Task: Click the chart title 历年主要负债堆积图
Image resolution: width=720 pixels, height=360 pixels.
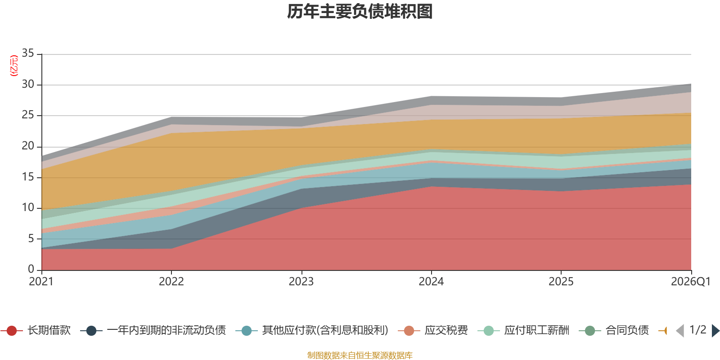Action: pyautogui.click(x=360, y=12)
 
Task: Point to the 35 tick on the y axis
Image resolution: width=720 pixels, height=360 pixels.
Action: pyautogui.click(x=28, y=54)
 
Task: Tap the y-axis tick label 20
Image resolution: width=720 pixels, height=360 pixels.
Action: pyautogui.click(x=28, y=146)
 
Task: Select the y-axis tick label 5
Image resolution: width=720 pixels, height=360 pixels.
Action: pyautogui.click(x=31, y=238)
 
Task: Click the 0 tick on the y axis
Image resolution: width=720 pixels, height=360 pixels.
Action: pyautogui.click(x=31, y=269)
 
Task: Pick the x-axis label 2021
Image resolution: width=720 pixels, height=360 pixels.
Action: pyautogui.click(x=41, y=282)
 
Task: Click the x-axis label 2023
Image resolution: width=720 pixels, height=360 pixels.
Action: pyautogui.click(x=301, y=282)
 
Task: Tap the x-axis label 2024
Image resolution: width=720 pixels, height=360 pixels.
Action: pyautogui.click(x=431, y=282)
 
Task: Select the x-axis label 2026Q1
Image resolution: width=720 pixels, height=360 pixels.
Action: pyautogui.click(x=690, y=282)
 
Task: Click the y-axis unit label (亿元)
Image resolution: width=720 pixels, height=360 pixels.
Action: pyautogui.click(x=14, y=66)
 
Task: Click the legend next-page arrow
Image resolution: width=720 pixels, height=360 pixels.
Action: pyautogui.click(x=715, y=331)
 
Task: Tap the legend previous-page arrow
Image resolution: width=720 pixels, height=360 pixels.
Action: pyautogui.click(x=680, y=331)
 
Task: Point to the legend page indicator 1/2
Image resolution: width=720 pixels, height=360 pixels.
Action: pyautogui.click(x=698, y=330)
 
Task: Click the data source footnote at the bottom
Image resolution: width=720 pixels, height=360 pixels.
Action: pyautogui.click(x=360, y=355)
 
